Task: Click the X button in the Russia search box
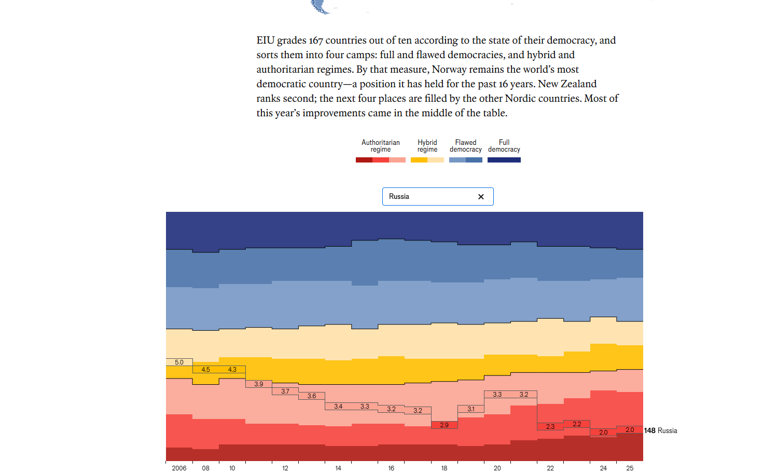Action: (481, 197)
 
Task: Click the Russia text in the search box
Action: (399, 197)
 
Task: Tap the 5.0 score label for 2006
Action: (179, 362)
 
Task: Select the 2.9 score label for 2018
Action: (444, 425)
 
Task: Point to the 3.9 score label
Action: (259, 384)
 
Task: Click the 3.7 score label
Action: (285, 391)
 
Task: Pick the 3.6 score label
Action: (312, 396)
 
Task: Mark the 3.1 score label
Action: (470, 409)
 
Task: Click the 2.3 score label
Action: (550, 427)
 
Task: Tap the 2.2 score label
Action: (577, 424)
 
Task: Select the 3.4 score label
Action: (338, 407)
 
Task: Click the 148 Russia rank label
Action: (660, 431)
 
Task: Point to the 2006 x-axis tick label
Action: (179, 468)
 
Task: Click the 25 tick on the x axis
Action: (630, 468)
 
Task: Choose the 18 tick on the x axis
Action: (444, 468)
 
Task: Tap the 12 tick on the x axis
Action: (285, 468)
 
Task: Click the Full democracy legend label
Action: (504, 146)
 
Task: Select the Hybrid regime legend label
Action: (427, 146)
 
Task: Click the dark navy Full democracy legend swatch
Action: (504, 160)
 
